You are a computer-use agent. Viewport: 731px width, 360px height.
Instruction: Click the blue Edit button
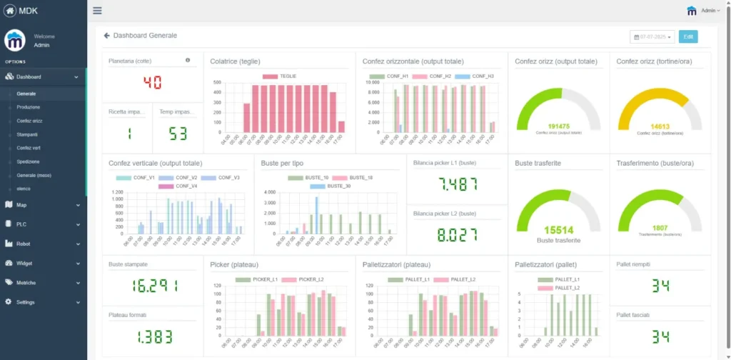(688, 36)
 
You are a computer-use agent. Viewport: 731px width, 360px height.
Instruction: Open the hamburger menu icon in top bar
(97, 11)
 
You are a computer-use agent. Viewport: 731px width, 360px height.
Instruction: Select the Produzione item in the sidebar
(29, 107)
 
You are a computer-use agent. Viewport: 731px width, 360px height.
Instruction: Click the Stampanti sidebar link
(27, 134)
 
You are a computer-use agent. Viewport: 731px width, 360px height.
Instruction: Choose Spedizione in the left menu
(29, 161)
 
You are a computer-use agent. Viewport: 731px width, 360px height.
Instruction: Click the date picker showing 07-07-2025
(652, 36)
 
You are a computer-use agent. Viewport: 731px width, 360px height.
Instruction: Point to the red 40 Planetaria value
(152, 82)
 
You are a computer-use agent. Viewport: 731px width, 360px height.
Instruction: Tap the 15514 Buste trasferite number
(558, 230)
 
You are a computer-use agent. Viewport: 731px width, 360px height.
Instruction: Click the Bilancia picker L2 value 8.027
(457, 235)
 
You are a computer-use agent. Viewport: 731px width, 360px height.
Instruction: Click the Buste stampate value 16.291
(152, 286)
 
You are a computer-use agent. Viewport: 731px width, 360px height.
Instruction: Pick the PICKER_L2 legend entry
(308, 279)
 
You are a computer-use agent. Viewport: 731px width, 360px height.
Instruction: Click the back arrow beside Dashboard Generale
(106, 35)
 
